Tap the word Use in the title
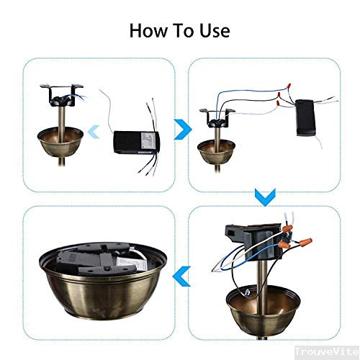214,31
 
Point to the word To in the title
182,31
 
